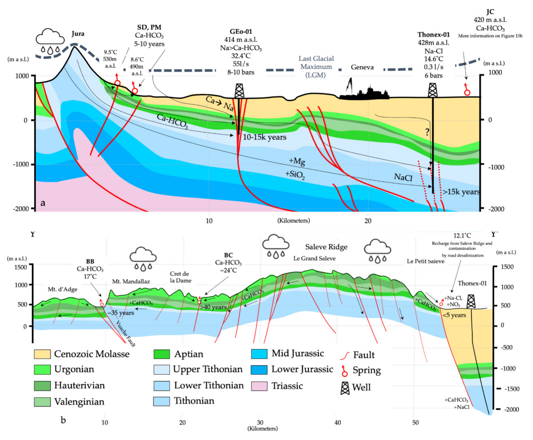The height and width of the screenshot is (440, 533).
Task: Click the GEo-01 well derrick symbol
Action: coord(239,91)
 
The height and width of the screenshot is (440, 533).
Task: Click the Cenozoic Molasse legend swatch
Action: coord(42,354)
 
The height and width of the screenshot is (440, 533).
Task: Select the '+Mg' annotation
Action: coord(297,161)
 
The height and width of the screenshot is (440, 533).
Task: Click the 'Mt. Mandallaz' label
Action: coord(131,281)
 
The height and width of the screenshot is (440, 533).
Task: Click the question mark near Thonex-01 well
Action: coord(427,132)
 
